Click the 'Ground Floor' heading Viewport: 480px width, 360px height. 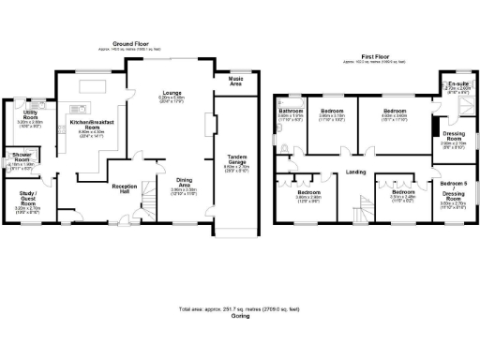(131, 44)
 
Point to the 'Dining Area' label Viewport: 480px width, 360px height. (184, 186)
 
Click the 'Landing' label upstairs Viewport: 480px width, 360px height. (355, 172)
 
